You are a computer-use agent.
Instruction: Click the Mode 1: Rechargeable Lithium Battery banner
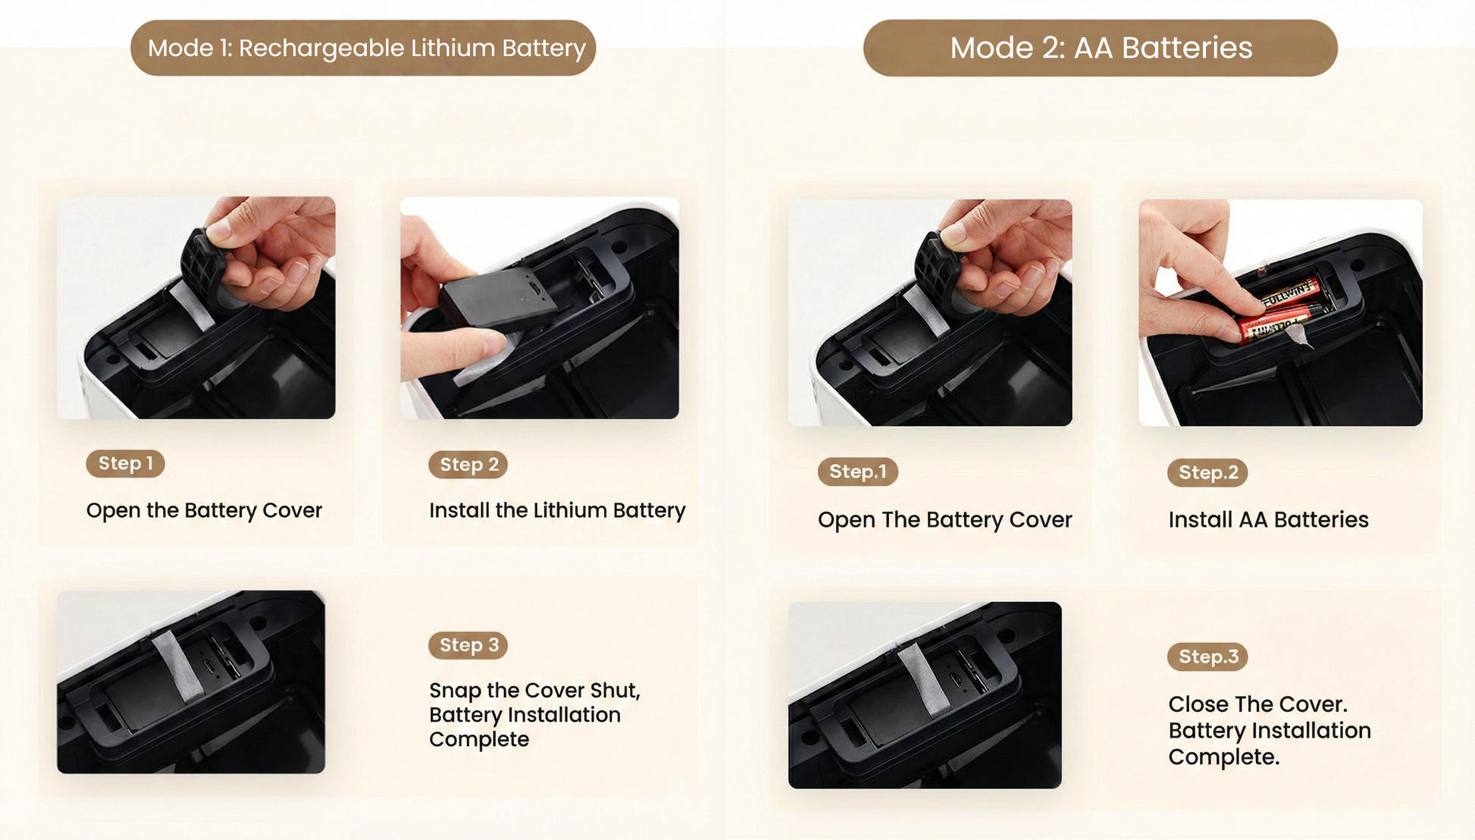[x=363, y=48]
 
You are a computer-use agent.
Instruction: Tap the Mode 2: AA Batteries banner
[x=1100, y=48]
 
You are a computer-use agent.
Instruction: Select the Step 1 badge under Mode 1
[x=125, y=463]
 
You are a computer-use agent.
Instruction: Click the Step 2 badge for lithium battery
[x=468, y=465]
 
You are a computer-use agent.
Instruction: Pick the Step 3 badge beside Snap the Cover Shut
[x=468, y=645]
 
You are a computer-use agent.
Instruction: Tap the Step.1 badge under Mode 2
[x=857, y=472]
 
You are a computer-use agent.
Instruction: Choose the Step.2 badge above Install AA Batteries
[x=1207, y=473]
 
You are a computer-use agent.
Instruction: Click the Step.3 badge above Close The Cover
[x=1207, y=657]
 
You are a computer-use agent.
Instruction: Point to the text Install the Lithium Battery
[x=557, y=511]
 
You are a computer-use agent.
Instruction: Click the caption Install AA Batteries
[x=1268, y=520]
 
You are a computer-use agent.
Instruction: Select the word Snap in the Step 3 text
[x=455, y=691]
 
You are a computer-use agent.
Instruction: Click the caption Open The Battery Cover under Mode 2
[x=944, y=520]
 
